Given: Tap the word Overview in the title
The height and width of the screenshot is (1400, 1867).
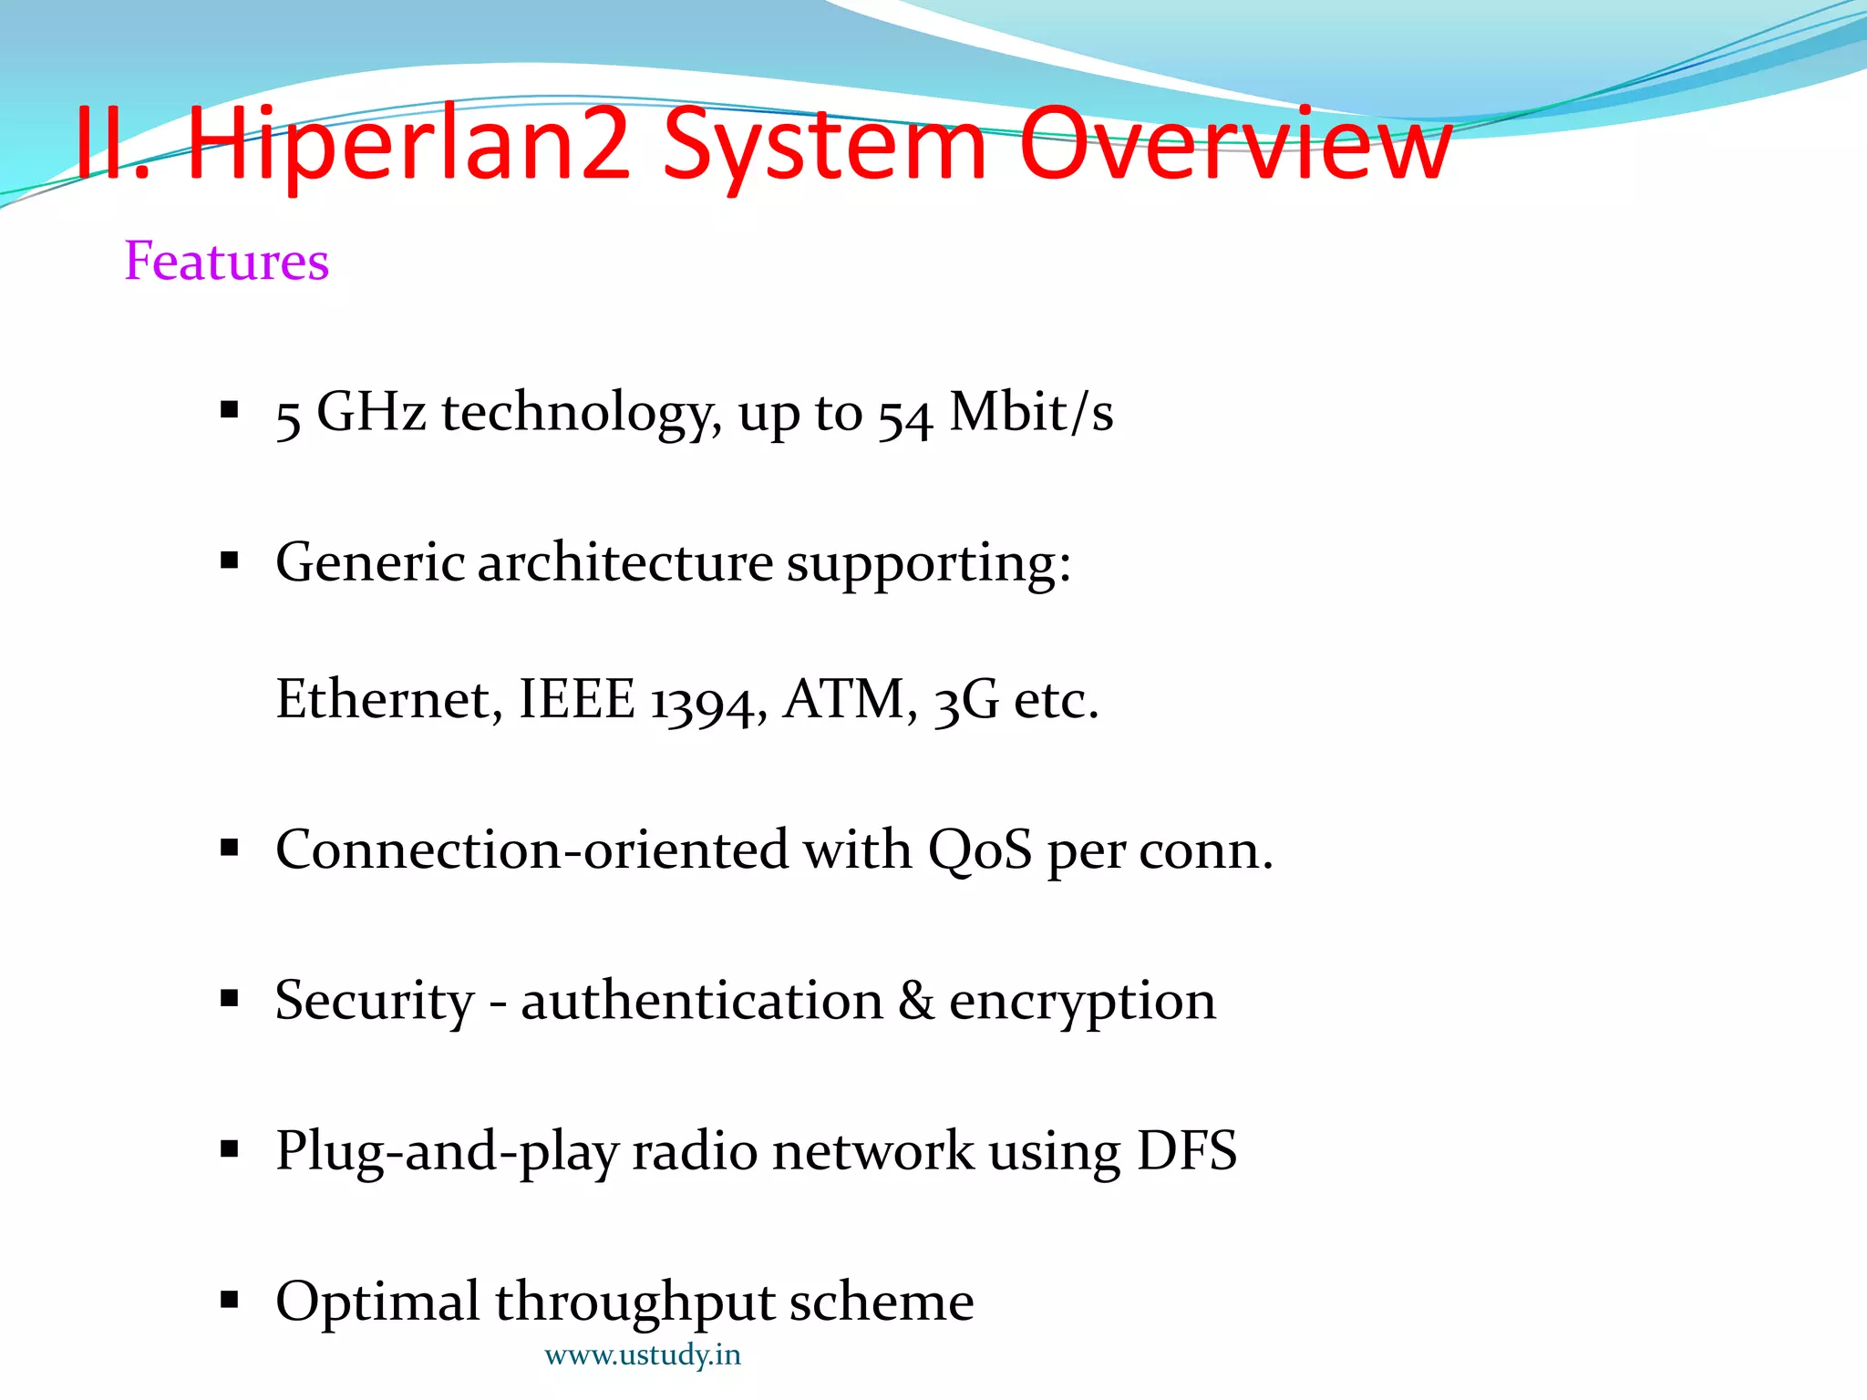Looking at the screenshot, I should [x=1234, y=144].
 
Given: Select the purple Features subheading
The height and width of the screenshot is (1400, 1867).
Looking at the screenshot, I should [x=226, y=262].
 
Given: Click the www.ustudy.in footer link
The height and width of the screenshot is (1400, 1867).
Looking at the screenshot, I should [x=643, y=1355].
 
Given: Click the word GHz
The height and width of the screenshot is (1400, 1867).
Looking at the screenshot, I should [x=371, y=412].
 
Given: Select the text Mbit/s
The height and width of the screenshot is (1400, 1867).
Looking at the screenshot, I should [x=1031, y=412].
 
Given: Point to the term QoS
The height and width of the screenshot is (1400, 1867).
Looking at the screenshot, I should [x=980, y=851].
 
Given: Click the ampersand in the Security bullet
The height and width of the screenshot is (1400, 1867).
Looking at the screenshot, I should [x=916, y=1001].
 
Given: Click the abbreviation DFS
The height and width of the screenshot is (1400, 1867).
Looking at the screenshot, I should [x=1187, y=1150].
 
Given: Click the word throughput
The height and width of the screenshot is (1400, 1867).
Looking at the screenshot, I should [x=634, y=1303].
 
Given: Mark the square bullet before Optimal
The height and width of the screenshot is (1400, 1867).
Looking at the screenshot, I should [x=230, y=1299].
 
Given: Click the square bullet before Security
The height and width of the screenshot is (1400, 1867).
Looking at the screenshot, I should [x=230, y=999].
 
